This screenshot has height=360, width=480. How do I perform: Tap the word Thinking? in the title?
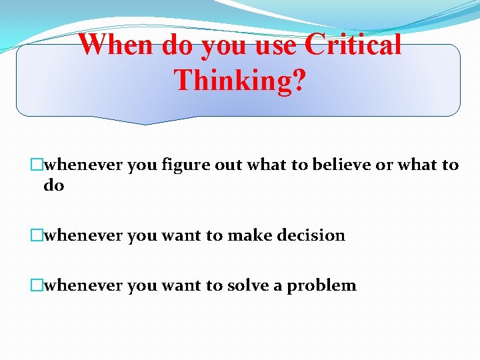(240, 80)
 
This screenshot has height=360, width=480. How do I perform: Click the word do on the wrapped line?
(54, 185)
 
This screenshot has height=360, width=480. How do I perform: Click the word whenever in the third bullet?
(83, 285)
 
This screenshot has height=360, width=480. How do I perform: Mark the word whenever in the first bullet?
(83, 165)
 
